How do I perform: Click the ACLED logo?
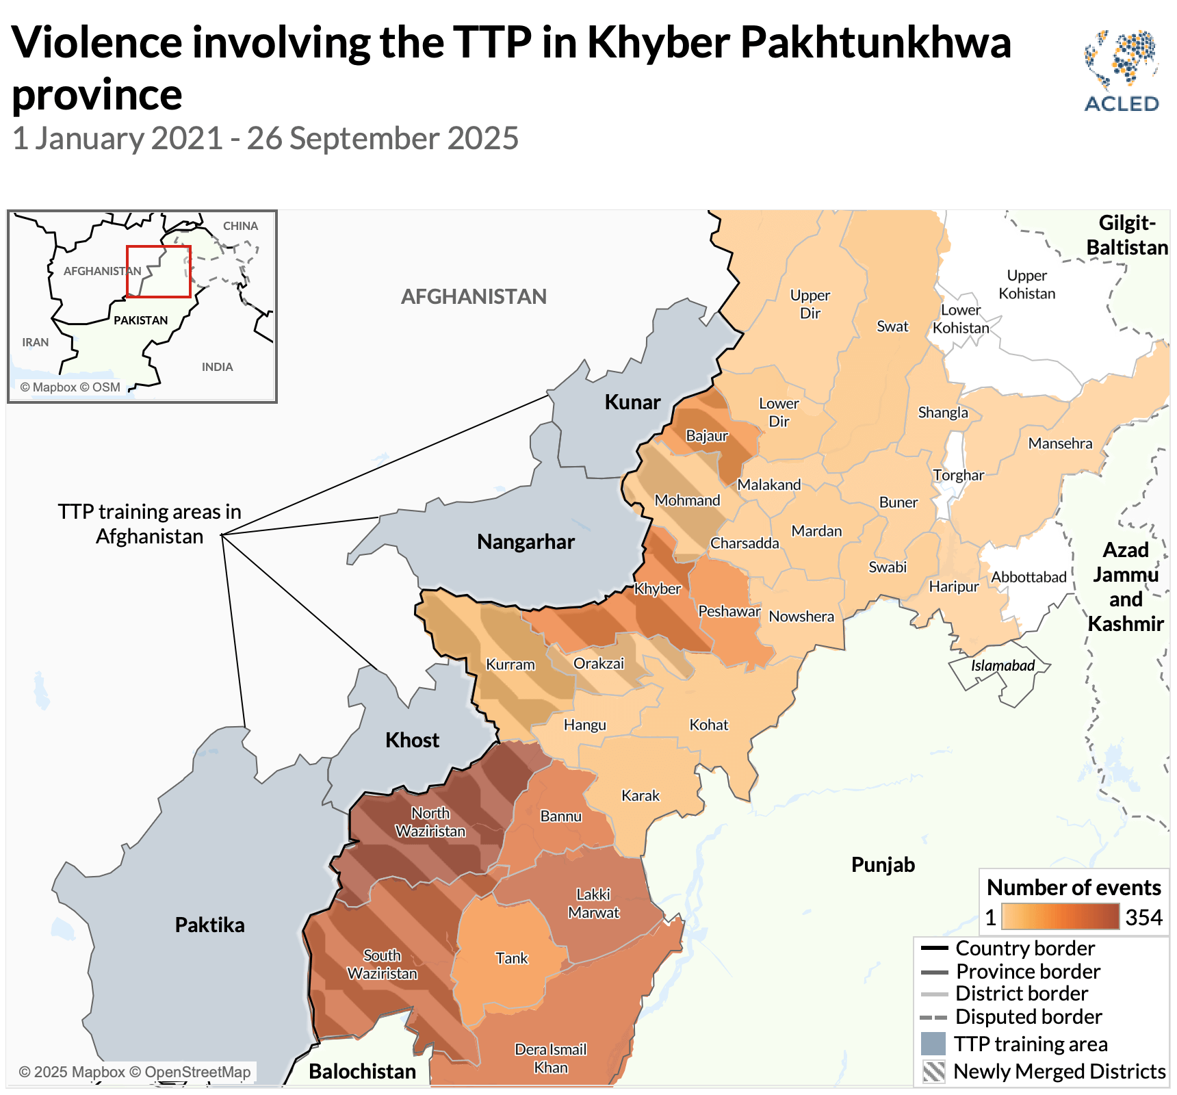coord(1121,71)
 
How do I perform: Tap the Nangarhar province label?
coord(526,542)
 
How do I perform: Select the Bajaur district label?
coord(707,436)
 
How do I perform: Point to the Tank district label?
coord(512,958)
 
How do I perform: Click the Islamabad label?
coord(1003,665)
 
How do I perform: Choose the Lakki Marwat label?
coord(593,903)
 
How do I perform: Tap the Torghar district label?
coord(958,475)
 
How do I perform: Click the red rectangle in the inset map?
coord(158,272)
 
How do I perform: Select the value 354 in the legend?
coord(1143,917)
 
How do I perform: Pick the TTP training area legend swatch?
coord(933,1044)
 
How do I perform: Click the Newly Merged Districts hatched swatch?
coord(933,1071)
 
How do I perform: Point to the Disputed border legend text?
coord(1028,1016)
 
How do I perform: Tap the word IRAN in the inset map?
coord(36,342)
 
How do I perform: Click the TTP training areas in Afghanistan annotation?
coord(149,524)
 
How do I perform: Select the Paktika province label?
coord(209,925)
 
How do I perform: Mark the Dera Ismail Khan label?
coord(550,1058)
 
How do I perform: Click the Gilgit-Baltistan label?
coord(1127,235)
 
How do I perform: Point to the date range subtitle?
coord(266,138)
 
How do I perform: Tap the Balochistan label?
coord(362,1071)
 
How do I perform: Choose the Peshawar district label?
coord(729,611)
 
